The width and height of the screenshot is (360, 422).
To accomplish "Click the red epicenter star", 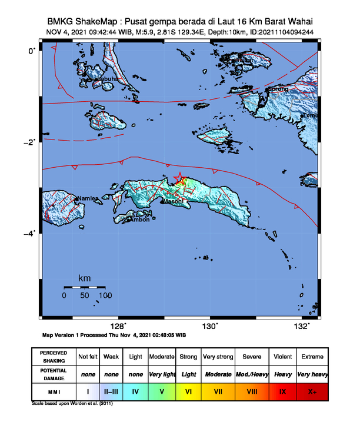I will [x=179, y=178].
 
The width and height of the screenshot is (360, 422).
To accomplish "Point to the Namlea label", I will [x=88, y=199].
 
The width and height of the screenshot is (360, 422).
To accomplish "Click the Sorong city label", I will [x=278, y=89].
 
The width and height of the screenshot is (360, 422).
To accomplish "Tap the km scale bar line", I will [x=85, y=287].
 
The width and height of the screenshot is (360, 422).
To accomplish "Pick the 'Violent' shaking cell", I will [x=282, y=357].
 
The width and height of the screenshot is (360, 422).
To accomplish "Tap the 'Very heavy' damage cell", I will [x=312, y=374].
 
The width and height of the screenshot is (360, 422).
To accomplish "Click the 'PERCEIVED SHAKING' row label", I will [x=54, y=357].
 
